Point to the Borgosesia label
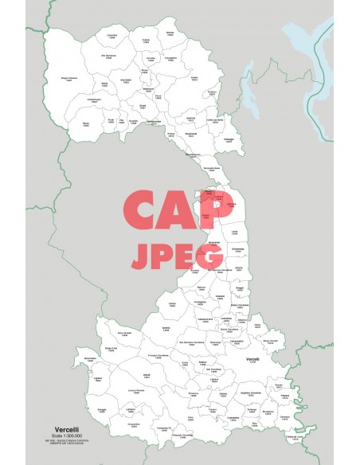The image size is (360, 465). tap(190, 135)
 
